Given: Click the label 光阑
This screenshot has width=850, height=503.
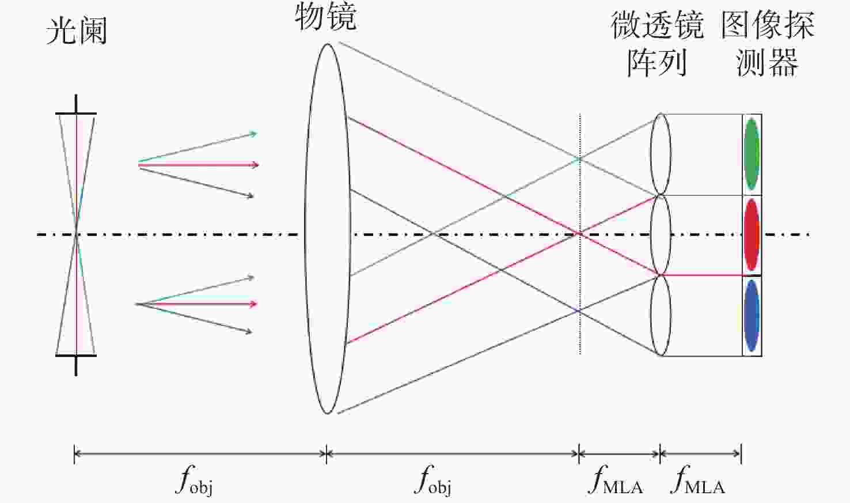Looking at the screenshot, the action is [x=77, y=31].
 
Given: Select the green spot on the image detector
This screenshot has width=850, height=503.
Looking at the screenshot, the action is [x=752, y=154].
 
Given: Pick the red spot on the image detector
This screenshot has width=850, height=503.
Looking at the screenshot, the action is [x=752, y=235].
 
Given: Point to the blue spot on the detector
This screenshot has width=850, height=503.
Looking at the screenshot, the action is [x=752, y=316].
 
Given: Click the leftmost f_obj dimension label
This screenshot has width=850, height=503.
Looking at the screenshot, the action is [x=194, y=481].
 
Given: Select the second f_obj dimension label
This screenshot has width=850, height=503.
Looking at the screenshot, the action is [x=433, y=481].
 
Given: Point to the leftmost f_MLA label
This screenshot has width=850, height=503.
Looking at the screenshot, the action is [x=616, y=480].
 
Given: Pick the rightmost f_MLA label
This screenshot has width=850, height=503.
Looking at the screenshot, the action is [x=697, y=480].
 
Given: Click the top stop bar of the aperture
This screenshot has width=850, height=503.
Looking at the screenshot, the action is [x=76, y=113].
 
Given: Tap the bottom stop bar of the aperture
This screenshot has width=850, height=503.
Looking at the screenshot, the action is [x=76, y=355].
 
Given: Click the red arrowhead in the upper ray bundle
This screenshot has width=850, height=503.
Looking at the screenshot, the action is [x=255, y=165].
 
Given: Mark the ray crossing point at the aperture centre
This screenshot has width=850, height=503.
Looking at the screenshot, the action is [x=76, y=235].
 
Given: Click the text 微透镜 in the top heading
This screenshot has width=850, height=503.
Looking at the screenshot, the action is [x=657, y=25].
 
